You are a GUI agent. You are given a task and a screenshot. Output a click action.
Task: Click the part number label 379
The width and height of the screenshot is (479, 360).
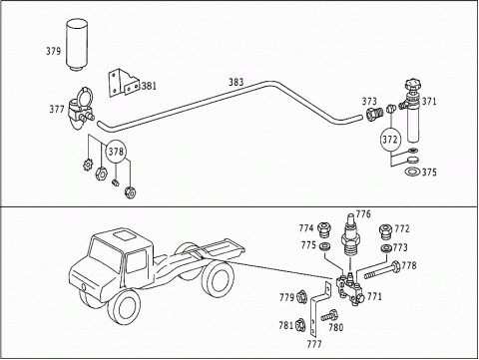coord(54,51)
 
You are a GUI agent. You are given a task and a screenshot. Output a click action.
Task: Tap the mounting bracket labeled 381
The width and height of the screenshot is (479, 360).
coord(124,83)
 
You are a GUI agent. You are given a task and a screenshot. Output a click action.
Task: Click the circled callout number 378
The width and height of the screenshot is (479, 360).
coord(116,152)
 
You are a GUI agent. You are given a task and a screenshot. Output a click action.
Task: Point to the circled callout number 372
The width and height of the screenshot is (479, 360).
coord(390,140)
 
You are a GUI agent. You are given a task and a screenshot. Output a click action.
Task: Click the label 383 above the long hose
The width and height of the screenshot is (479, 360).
coord(236,82)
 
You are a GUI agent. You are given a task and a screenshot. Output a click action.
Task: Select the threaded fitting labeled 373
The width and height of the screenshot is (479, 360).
coord(374,114)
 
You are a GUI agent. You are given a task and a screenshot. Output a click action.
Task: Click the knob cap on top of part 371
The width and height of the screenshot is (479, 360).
coord(412,85)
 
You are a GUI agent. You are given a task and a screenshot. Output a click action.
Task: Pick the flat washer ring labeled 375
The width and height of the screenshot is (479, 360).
coord(412,172)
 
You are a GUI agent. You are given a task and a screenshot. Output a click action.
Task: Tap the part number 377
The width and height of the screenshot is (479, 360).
coord(57,109)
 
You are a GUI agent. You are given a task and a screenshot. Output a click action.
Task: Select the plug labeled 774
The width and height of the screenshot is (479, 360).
coord(324,229)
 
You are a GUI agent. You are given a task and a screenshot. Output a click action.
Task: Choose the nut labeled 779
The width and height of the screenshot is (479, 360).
coord(301,296)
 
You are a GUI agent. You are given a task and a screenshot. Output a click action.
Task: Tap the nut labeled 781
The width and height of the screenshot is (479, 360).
coord(299,325)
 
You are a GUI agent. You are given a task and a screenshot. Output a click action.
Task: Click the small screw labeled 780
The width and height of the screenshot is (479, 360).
coord(329,315)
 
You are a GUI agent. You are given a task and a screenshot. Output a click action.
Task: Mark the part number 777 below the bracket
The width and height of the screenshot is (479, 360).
coord(314,344)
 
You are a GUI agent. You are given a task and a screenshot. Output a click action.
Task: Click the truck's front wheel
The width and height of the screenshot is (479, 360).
coord(124,310)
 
